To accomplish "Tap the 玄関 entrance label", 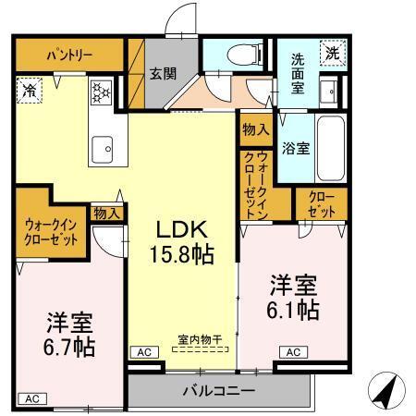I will click(164, 74).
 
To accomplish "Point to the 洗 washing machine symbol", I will click(330, 54).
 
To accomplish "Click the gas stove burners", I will click(99, 92).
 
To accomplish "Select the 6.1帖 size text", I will click(295, 310).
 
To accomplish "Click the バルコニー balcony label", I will click(218, 391).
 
